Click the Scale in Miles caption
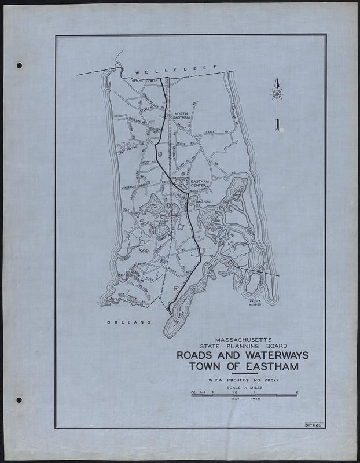(x=243, y=388)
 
